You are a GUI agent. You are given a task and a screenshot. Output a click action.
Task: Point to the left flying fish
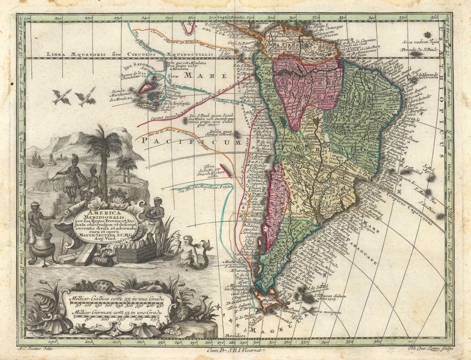(62, 97)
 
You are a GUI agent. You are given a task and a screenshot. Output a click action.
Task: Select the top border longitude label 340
(372, 18)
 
